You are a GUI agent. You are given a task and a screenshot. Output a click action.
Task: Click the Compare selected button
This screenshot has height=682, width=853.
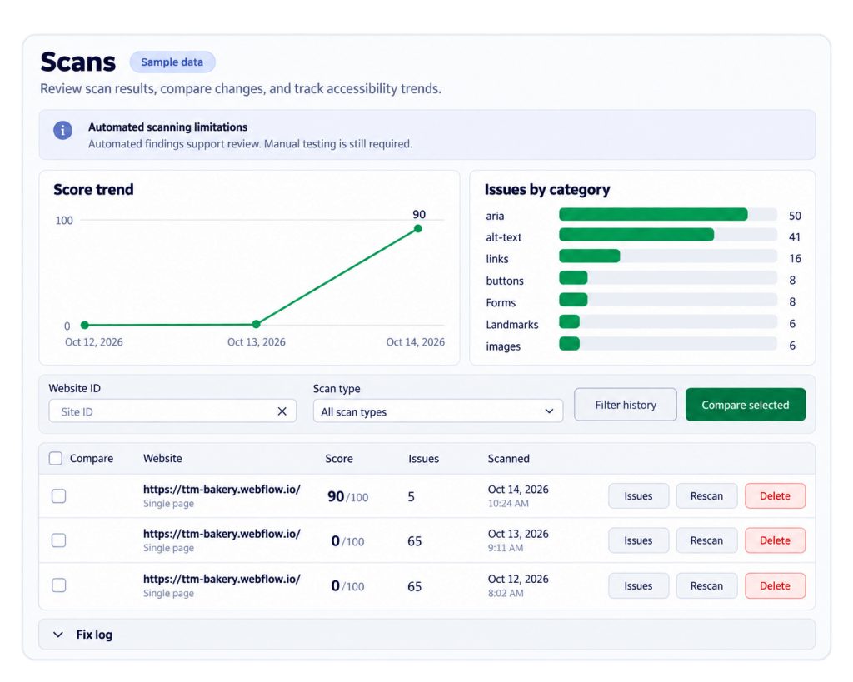(x=746, y=405)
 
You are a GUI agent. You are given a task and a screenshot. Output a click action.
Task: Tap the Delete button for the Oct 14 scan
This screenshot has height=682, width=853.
(x=775, y=496)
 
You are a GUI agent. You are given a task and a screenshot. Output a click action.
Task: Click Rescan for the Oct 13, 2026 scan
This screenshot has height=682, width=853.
(x=706, y=540)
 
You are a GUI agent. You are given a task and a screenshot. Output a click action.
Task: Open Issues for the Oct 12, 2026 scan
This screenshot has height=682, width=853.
(x=638, y=585)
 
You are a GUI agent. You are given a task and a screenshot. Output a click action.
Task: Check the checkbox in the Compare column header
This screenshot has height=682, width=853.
(x=56, y=459)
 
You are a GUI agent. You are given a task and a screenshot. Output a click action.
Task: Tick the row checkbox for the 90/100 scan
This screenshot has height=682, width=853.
(x=59, y=496)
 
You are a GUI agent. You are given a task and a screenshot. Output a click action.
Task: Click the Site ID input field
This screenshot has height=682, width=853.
(x=163, y=411)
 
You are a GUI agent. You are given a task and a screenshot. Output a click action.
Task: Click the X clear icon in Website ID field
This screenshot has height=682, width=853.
(x=282, y=411)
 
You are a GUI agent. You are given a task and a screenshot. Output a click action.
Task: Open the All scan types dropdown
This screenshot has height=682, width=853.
(x=437, y=411)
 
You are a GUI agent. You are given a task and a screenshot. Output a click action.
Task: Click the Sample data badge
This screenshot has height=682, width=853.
(x=172, y=62)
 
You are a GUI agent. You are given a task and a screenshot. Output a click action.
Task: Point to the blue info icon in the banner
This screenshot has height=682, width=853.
(x=62, y=131)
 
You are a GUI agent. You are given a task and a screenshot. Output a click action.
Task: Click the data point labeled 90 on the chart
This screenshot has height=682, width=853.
(x=418, y=228)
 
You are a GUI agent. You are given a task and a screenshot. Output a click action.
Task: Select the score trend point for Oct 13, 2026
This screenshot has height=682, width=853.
(x=257, y=324)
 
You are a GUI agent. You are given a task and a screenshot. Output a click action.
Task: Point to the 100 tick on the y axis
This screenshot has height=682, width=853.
(x=64, y=221)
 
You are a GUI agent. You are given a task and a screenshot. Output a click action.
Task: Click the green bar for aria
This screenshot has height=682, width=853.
(x=653, y=214)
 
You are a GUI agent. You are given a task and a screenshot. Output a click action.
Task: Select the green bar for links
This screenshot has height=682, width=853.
(x=589, y=256)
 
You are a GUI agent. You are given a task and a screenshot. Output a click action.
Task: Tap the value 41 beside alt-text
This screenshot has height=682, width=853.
(x=794, y=237)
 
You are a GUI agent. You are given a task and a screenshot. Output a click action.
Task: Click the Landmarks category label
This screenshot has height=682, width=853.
(x=512, y=325)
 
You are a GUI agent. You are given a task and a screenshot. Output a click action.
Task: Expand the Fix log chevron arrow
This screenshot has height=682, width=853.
(x=58, y=635)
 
